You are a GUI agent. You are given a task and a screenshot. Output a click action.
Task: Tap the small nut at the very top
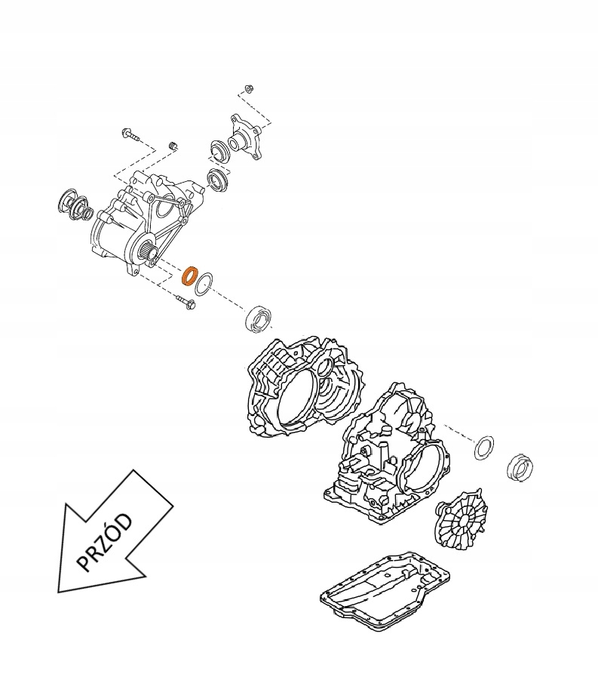tap(248, 89)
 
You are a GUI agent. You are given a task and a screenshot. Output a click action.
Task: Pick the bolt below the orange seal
tap(185, 303)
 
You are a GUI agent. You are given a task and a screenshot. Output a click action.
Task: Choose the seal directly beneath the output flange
tap(219, 180)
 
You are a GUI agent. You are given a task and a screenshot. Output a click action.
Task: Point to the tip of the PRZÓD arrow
tap(60, 590)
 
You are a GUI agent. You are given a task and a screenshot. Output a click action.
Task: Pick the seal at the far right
tap(521, 467)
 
